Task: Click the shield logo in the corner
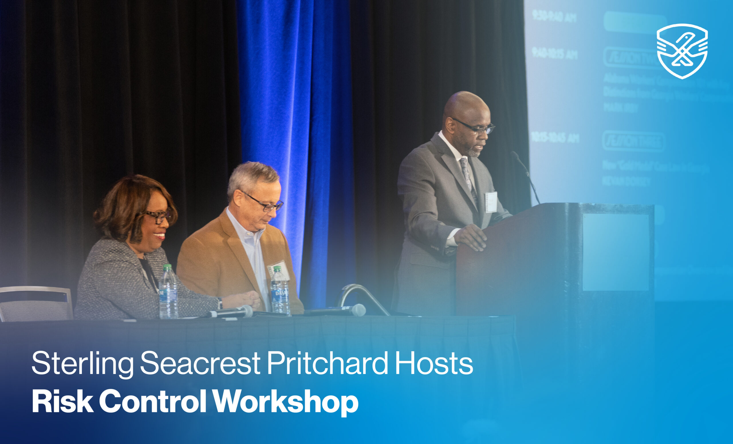tap(682, 51)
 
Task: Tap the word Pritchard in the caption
tap(327, 363)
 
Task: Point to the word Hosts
tap(434, 363)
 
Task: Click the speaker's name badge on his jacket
tap(491, 202)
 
